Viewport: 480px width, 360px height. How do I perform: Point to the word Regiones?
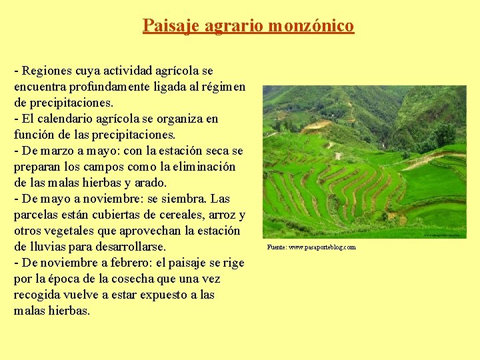[x=48, y=71]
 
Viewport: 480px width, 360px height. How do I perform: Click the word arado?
[x=152, y=183]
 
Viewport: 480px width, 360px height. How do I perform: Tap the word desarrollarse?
[x=129, y=247]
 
